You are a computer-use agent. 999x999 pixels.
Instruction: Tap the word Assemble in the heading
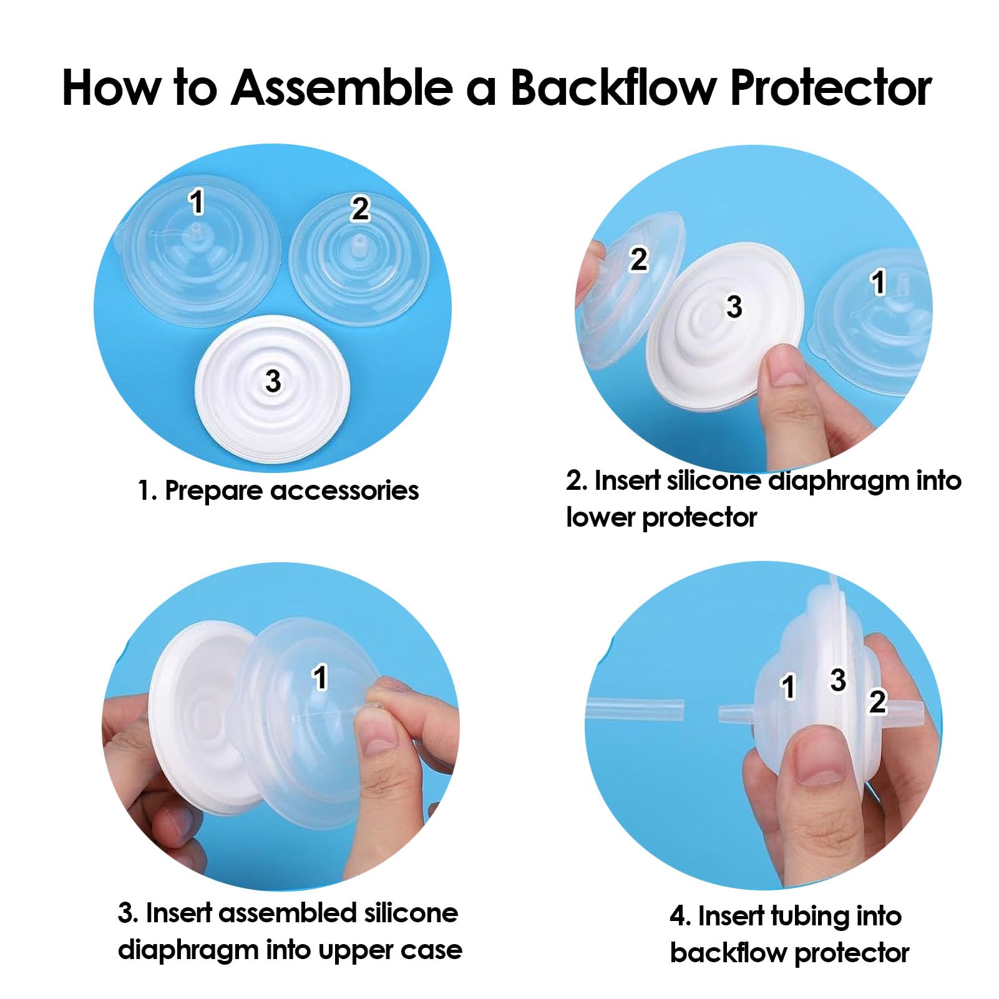tap(341, 87)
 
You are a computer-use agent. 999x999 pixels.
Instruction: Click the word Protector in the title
tap(831, 88)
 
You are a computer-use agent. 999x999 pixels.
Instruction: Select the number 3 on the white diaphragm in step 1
tap(273, 381)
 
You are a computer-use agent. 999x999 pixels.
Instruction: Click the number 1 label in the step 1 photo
tap(197, 202)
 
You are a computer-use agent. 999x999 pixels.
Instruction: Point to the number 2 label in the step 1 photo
tap(360, 208)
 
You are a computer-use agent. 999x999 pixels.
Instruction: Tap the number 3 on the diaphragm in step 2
tap(734, 306)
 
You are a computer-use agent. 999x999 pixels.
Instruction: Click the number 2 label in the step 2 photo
tap(638, 260)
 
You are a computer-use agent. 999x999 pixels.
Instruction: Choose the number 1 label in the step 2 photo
tap(879, 282)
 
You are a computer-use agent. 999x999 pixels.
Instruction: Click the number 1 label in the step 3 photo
tap(319, 678)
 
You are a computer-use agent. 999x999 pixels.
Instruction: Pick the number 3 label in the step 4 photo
tap(838, 680)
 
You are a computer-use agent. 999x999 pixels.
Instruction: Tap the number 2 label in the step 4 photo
tap(877, 701)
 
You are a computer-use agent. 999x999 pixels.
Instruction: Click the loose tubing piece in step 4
tap(635, 710)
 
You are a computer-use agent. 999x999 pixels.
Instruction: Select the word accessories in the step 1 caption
tap(345, 490)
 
